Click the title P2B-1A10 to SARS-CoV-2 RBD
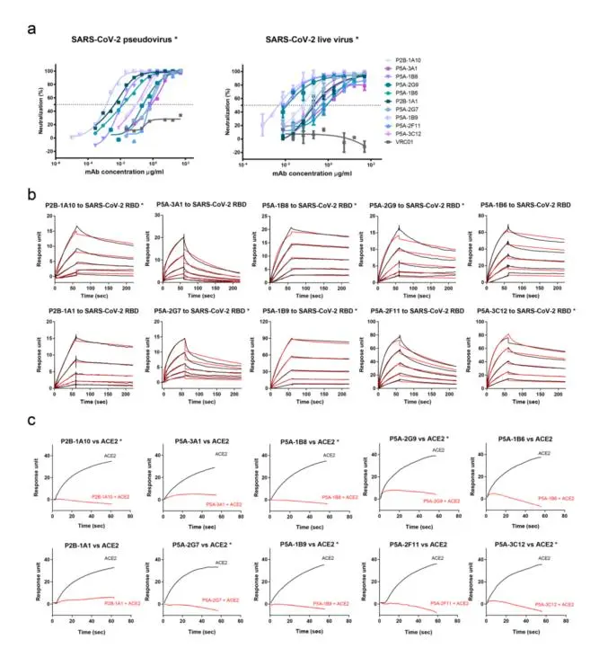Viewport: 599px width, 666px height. pos(99,206)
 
